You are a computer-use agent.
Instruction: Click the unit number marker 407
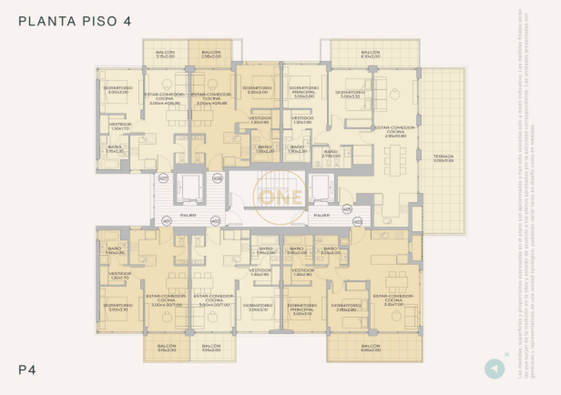tap(163, 179)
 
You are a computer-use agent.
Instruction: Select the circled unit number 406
tap(217, 179)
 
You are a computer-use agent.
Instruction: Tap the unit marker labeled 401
tap(166, 221)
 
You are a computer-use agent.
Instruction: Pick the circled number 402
tap(216, 221)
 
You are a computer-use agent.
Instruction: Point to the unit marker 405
tap(347, 209)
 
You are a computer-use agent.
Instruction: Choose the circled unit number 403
tap(358, 221)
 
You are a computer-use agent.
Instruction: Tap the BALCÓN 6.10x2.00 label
tap(370, 54)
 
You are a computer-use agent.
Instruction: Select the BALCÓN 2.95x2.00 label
tap(211, 54)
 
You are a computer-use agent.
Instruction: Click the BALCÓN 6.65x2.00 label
tap(370, 348)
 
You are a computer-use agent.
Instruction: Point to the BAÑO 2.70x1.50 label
tap(331, 154)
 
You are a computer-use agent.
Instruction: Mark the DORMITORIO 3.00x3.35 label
tap(350, 94)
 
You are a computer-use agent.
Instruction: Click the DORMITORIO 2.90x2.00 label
tap(346, 308)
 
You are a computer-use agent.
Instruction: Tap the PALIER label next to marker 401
tap(189, 216)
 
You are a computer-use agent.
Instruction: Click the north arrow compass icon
tap(494, 368)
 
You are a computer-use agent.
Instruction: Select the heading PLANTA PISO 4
tap(74, 22)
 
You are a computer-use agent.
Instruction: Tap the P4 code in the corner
tap(27, 370)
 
